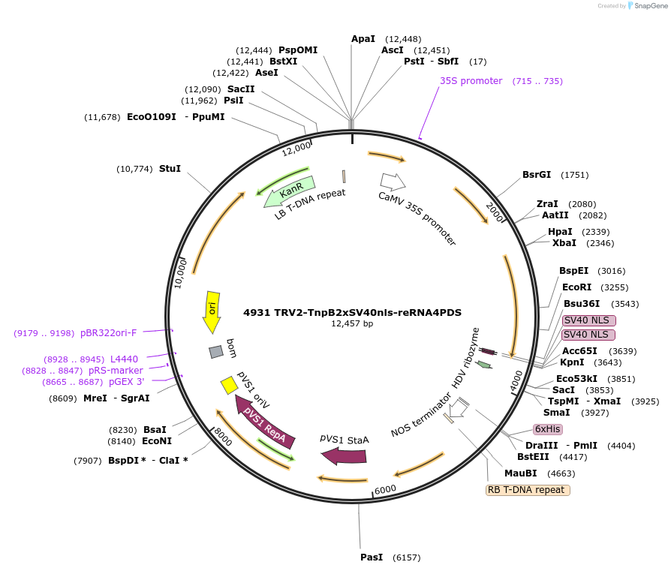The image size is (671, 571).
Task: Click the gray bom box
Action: coord(216,351)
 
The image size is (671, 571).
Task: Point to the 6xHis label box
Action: coord(548,429)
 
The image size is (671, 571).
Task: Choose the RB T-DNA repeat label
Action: coord(528,490)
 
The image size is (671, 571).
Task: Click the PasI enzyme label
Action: coord(372,557)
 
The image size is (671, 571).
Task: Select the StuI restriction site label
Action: coord(170,169)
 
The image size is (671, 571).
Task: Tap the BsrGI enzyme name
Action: coord(537,175)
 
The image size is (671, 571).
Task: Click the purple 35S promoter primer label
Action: coord(471,81)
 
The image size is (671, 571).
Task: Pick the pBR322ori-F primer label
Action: coord(109,332)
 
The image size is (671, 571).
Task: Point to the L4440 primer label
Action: coord(124,359)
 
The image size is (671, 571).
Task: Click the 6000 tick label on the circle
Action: coord(385,489)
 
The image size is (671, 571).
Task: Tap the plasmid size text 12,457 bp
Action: coord(352,324)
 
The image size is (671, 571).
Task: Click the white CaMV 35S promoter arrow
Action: coord(393,182)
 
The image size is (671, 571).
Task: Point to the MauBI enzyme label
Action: coord(520,473)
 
